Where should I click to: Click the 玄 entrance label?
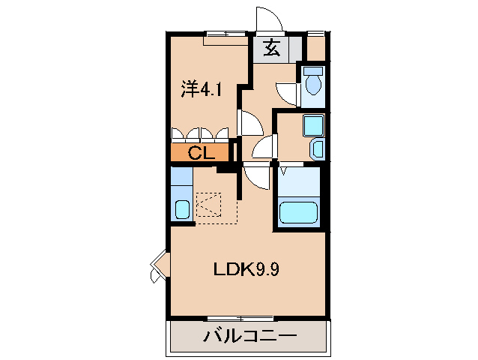272,50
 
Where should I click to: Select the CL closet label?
201,154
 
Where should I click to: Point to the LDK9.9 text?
247,269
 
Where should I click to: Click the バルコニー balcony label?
250,336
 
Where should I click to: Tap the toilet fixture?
313,85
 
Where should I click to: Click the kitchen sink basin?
182,208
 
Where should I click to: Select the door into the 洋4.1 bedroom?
249,122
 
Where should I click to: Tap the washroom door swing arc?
263,148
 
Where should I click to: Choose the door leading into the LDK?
255,177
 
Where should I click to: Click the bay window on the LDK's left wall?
158,266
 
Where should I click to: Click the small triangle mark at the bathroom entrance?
284,170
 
